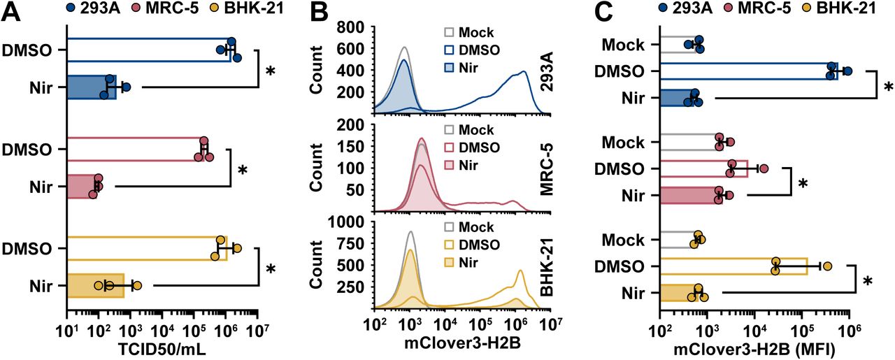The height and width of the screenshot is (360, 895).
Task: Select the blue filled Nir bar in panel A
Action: click(x=92, y=87)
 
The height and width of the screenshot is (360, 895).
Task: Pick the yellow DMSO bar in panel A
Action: click(x=147, y=248)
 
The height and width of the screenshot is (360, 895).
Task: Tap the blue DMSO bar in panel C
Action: click(x=748, y=71)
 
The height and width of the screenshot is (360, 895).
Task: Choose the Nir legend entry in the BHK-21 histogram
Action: click(x=469, y=261)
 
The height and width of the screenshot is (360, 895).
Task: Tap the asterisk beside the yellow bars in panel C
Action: click(x=868, y=282)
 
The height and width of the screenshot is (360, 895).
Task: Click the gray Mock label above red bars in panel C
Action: click(x=624, y=143)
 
